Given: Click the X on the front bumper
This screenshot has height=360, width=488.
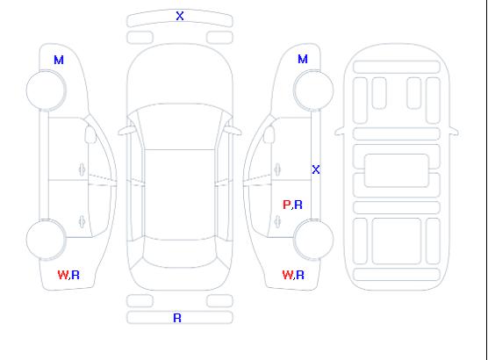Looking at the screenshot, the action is tap(180, 16).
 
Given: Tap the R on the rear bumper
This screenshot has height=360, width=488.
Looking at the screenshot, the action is tap(177, 318).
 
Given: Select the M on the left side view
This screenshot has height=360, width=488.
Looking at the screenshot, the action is tap(59, 60).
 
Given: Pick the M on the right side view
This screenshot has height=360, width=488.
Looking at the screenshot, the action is tap(303, 59).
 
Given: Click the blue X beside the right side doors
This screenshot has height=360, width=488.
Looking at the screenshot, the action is tap(316, 169).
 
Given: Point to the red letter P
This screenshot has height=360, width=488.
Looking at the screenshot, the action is tap(286, 205).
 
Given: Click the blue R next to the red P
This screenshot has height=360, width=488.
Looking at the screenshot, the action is tap(298, 205).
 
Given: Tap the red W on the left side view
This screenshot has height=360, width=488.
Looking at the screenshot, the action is tap(63, 275).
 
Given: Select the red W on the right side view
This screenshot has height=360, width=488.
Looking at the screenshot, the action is tap(288, 275).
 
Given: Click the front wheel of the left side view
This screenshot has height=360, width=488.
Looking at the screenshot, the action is tap(46, 90).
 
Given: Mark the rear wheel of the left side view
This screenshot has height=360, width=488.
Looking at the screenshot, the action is tap(46, 240).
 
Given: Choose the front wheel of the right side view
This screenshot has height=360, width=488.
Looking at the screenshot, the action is tap(313, 90).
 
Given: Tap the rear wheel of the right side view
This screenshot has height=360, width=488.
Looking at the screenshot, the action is tap(313, 240).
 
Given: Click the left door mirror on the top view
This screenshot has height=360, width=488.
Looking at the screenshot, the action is tap(126, 131).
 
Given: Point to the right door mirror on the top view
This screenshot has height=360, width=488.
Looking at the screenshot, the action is tap(233, 131).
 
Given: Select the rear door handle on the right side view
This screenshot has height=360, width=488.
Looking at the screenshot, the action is tap(277, 221).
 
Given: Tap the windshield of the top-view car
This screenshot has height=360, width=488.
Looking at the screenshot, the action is tap(180, 126).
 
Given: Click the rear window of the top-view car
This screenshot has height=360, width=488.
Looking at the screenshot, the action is tap(180, 252).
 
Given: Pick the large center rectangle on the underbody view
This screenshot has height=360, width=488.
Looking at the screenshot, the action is tap(397, 170).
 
